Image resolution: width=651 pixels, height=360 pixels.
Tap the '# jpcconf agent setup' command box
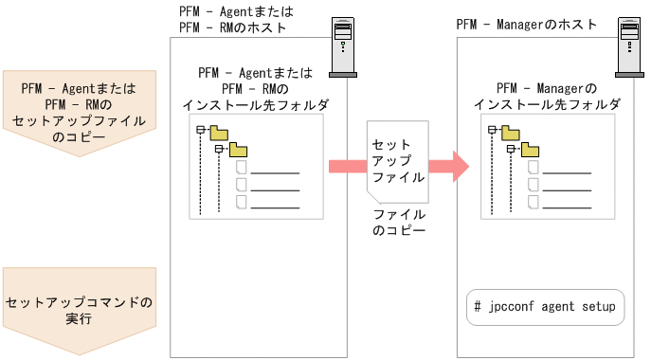click(546, 307)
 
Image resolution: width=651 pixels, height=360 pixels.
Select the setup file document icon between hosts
click(396, 161)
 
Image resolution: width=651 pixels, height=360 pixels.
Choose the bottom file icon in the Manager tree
click(533, 201)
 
